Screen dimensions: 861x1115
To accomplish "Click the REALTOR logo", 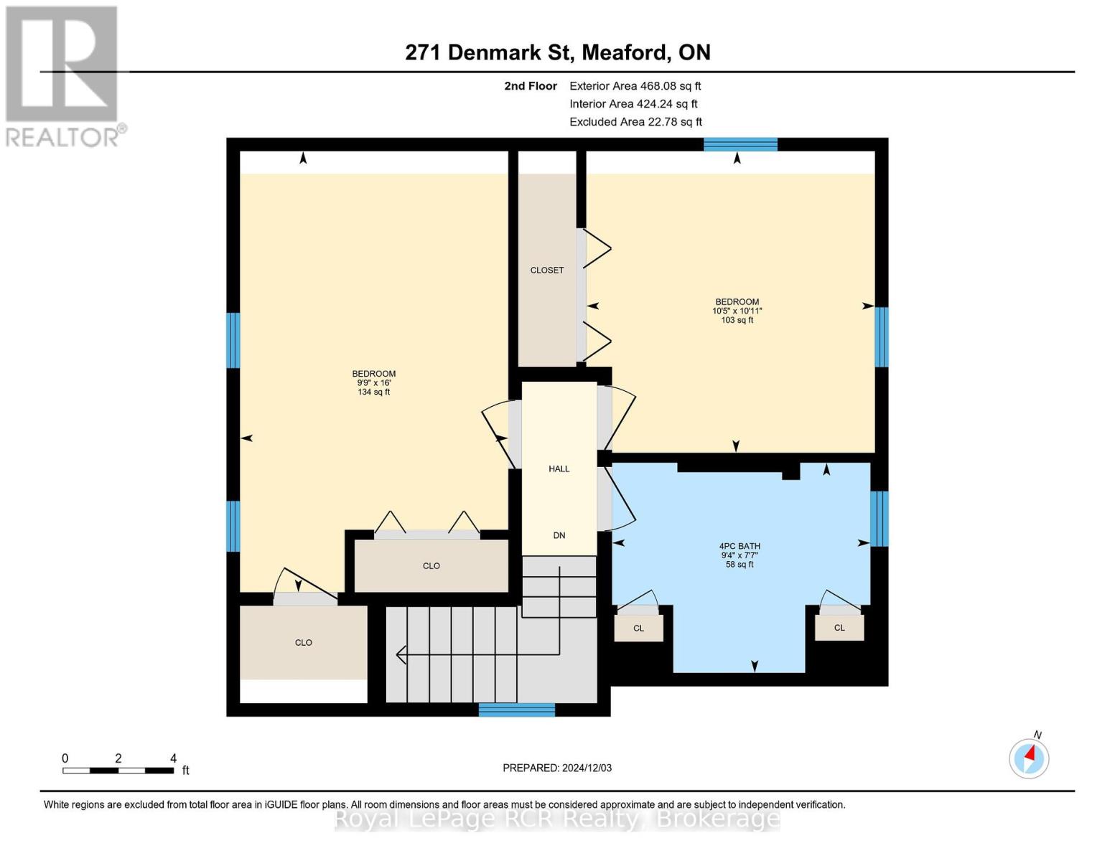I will click(63, 75).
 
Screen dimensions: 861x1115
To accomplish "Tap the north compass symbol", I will click(1029, 758).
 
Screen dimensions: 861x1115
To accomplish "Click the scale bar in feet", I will click(118, 771).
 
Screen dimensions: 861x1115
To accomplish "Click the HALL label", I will click(559, 469).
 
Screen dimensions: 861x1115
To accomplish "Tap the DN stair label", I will click(559, 535).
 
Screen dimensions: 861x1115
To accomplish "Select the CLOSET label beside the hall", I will click(547, 270).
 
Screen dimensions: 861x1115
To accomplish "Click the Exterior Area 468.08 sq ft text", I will click(635, 86).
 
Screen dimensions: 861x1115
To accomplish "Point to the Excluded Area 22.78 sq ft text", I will click(635, 122).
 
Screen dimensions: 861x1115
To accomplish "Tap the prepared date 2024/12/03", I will click(557, 768).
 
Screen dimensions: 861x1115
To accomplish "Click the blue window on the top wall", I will click(740, 144).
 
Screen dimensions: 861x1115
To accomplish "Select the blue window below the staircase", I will click(516, 710).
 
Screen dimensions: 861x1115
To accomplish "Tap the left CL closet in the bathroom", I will click(638, 628).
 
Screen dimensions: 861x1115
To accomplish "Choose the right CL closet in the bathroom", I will click(839, 627).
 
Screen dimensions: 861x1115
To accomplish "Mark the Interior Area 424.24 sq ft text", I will click(633, 104).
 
